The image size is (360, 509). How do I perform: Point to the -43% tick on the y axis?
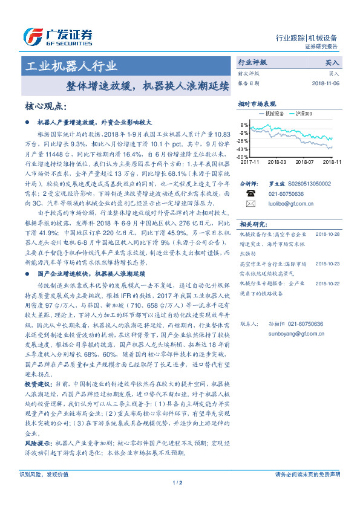point(244,149)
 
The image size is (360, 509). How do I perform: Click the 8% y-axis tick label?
point(246,125)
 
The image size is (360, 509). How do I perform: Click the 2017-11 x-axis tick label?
point(250,162)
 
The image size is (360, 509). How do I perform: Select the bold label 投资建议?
point(38,384)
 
